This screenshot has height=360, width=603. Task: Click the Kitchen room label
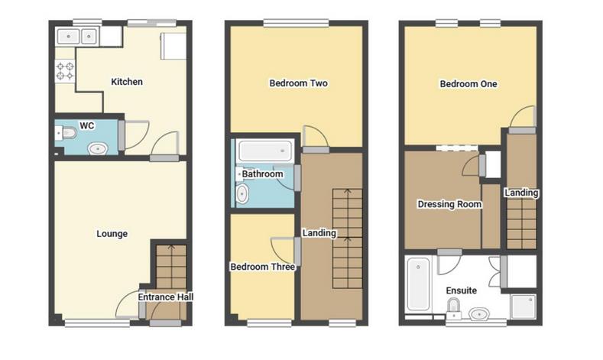pyautogui.click(x=127, y=82)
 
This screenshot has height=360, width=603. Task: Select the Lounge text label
pyautogui.click(x=112, y=234)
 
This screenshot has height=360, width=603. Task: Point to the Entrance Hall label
pyautogui.click(x=166, y=297)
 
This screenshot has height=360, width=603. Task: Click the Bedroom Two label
pyautogui.click(x=298, y=83)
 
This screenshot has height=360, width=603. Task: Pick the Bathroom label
pyautogui.click(x=263, y=174)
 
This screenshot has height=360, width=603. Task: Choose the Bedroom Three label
pyautogui.click(x=263, y=267)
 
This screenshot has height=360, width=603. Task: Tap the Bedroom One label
pyautogui.click(x=468, y=84)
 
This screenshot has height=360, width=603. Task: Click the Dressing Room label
pyautogui.click(x=449, y=204)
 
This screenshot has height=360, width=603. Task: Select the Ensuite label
pyautogui.click(x=461, y=290)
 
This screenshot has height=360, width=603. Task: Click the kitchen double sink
pyautogui.click(x=78, y=36)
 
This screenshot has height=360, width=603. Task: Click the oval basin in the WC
pyautogui.click(x=97, y=148)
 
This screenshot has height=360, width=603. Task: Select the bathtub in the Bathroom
pyautogui.click(x=265, y=151)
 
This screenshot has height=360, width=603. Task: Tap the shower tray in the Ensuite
pyautogui.click(x=524, y=305)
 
